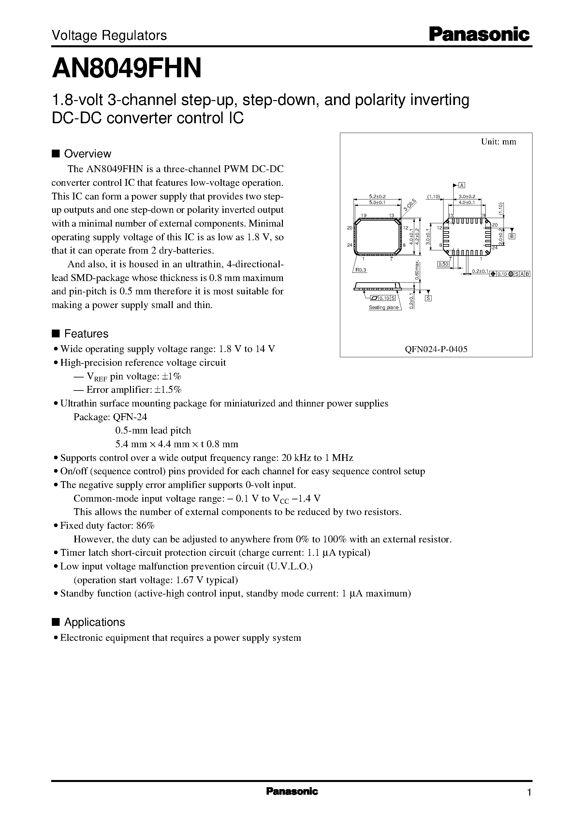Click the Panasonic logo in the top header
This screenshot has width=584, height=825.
point(479,35)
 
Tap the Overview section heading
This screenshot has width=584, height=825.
point(87,154)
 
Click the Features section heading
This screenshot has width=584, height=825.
point(86,334)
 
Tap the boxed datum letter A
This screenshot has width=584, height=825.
point(462,185)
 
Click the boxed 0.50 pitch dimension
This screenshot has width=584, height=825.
point(443,264)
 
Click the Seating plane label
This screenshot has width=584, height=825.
point(384,307)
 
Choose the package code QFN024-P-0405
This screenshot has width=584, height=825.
point(436,349)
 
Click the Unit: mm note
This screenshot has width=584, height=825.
point(498,142)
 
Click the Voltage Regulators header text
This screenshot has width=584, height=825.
point(109,36)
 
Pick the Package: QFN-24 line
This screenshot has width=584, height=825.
point(110,417)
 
